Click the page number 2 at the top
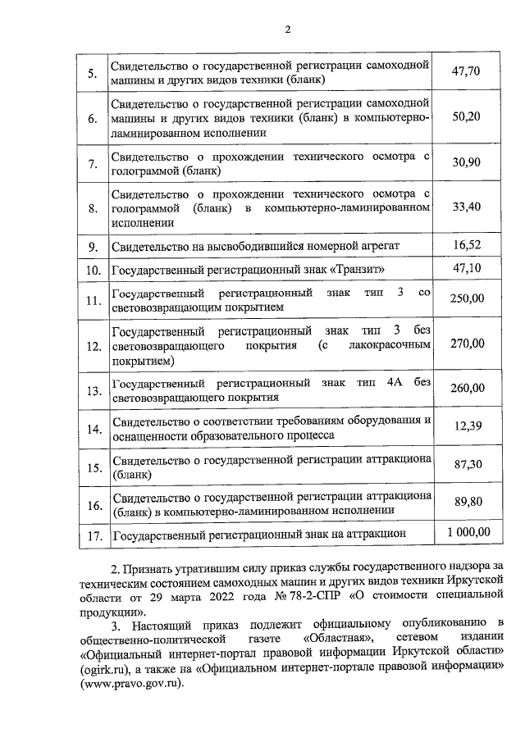(287, 31)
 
